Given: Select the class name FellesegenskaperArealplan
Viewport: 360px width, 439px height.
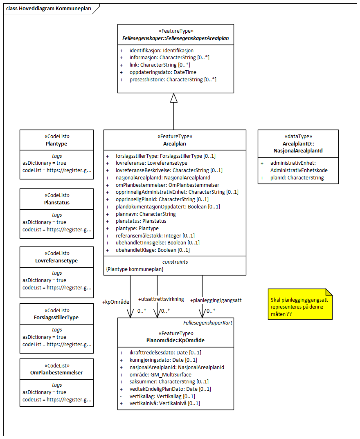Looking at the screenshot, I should [175, 38].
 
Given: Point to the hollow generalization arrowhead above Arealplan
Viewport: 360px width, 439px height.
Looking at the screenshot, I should [174, 98].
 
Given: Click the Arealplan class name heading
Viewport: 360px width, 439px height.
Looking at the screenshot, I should [175, 144].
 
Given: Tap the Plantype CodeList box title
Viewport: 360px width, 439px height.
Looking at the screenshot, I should [56, 144].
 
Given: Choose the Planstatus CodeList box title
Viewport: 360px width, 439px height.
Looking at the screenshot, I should [56, 202].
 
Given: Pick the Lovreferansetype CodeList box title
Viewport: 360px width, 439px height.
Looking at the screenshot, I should [56, 260].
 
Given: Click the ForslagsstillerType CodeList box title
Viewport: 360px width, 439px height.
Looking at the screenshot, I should [56, 317].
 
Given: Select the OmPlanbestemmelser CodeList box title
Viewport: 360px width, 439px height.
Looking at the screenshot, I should [56, 372].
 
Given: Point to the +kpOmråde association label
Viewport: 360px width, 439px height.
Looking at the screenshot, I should [116, 302].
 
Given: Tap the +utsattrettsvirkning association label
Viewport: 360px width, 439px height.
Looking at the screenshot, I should [161, 299].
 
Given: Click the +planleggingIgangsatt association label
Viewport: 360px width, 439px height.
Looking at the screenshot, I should [216, 300].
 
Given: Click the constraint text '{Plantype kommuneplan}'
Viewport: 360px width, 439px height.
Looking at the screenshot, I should [135, 269].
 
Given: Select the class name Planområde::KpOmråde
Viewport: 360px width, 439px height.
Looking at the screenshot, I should [175, 340].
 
